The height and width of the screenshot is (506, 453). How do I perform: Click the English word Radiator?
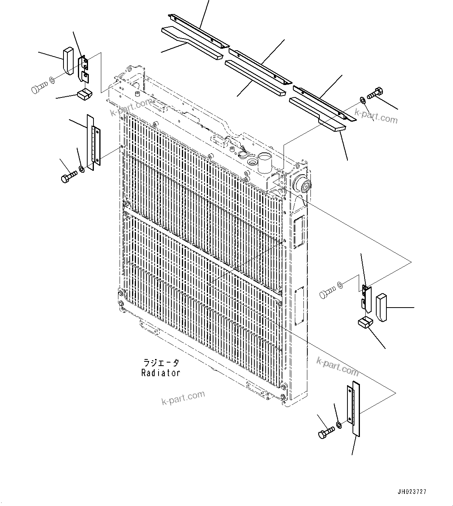(x=160, y=373)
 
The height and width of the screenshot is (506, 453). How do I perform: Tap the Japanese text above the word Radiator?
(x=160, y=363)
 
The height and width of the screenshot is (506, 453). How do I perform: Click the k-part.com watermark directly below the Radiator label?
(x=183, y=398)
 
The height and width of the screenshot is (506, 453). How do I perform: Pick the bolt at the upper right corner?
(x=375, y=93)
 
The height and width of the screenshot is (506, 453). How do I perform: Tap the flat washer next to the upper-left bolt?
(x=52, y=81)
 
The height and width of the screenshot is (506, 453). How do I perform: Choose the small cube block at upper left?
(x=84, y=94)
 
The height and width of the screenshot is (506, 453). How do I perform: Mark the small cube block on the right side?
(x=365, y=322)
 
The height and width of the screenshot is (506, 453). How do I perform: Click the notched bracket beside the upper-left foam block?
(x=83, y=69)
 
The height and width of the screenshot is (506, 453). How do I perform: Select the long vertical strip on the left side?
(x=90, y=142)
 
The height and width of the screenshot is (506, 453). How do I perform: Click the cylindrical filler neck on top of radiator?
(x=264, y=163)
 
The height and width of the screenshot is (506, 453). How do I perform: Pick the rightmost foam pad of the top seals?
(x=317, y=113)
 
